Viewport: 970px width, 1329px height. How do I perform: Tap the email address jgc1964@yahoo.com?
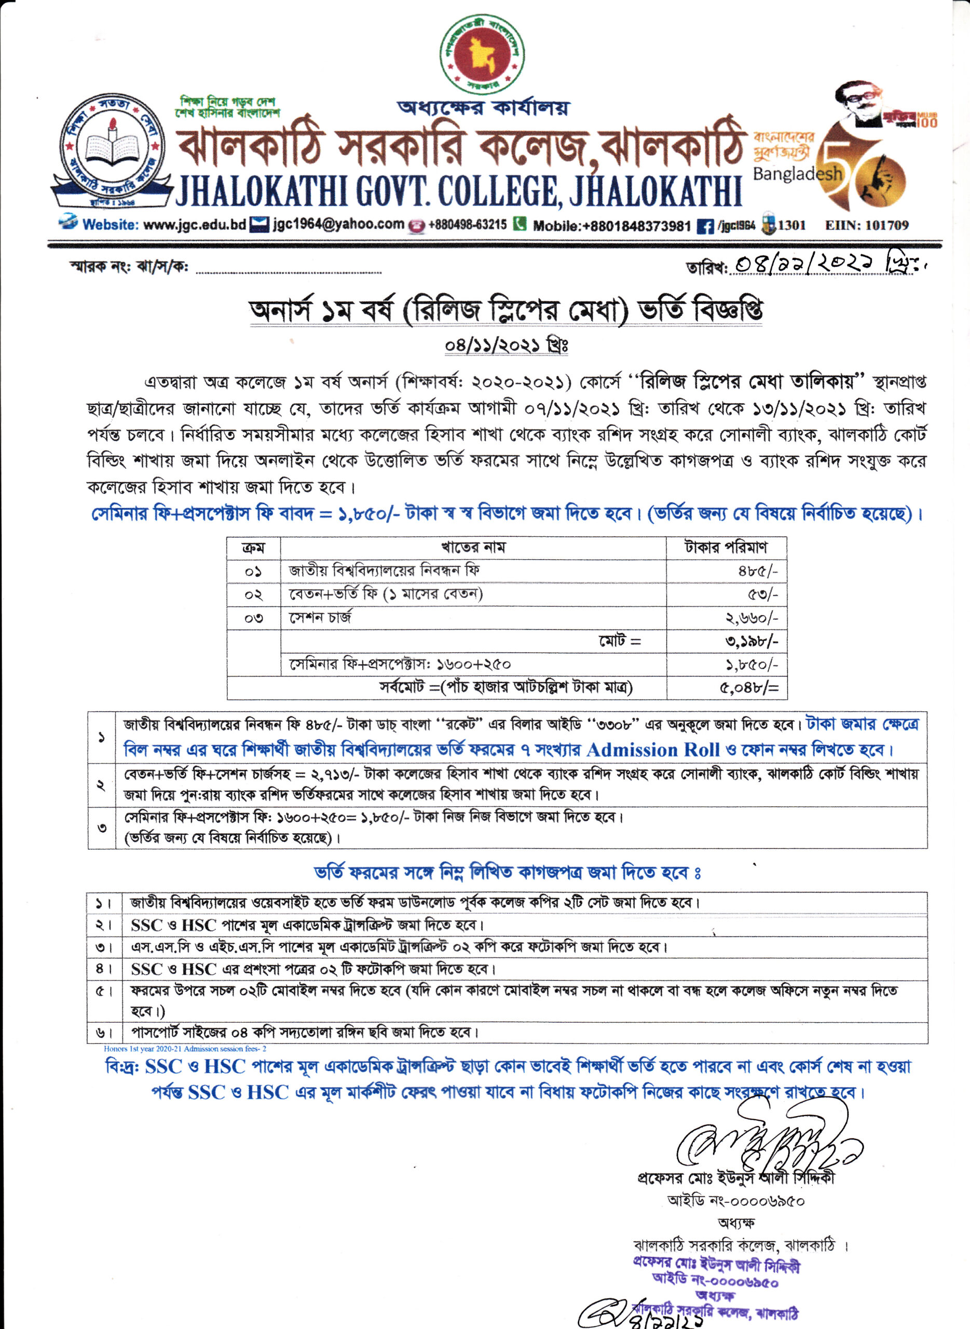[338, 224]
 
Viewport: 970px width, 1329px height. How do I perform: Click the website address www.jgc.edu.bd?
[194, 225]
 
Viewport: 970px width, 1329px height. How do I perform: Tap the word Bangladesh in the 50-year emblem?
[797, 174]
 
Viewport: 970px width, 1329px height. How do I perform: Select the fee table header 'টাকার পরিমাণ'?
[726, 547]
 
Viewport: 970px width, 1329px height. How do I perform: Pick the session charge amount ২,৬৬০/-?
[752, 618]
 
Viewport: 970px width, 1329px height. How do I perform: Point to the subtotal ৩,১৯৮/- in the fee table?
[752, 641]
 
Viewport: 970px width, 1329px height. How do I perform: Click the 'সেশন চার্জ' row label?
[320, 618]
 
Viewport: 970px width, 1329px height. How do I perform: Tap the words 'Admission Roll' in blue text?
[652, 751]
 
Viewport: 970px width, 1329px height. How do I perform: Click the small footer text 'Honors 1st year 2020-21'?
[184, 1048]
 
